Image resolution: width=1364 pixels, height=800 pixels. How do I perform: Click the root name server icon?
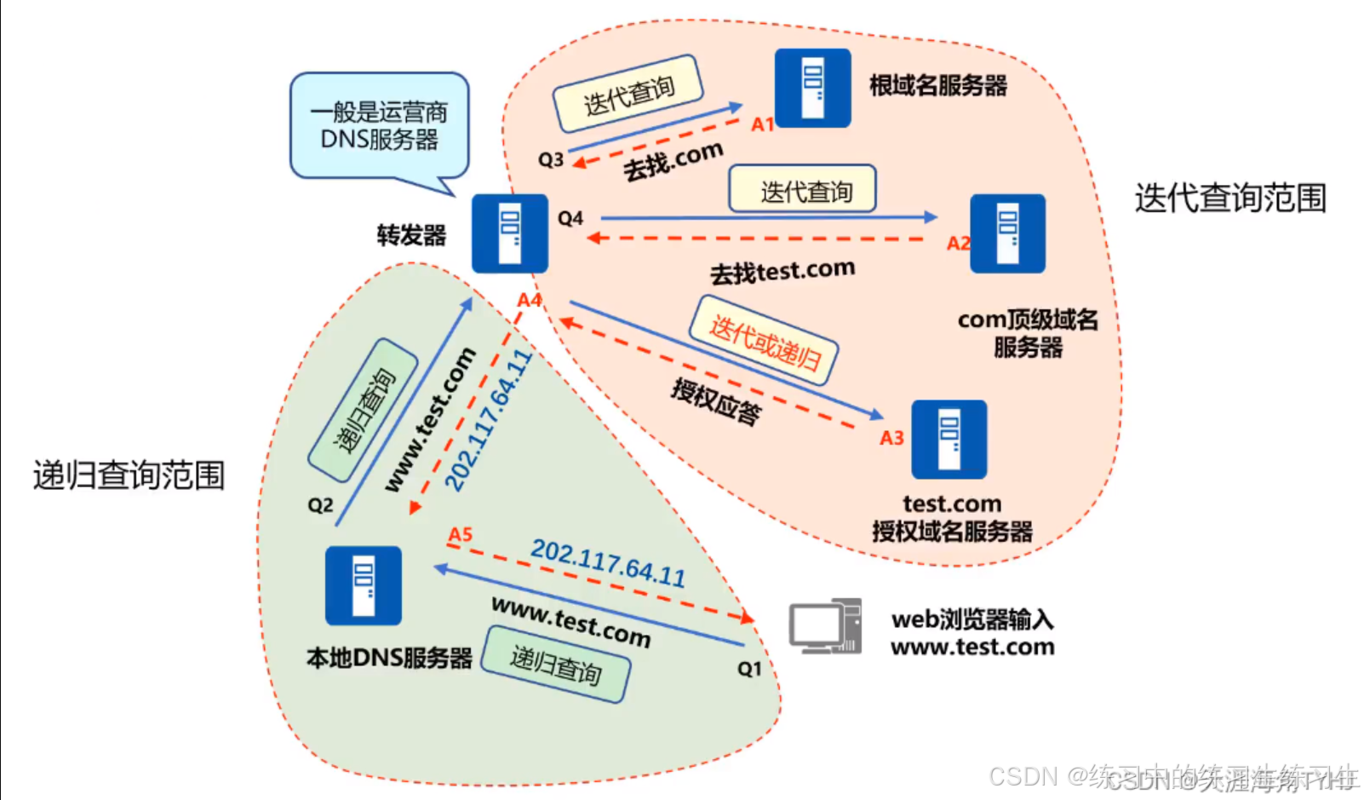click(x=812, y=88)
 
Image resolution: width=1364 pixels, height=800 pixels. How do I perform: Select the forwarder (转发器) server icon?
click(x=510, y=233)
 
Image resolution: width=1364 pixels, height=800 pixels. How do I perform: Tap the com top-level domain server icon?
click(x=1008, y=233)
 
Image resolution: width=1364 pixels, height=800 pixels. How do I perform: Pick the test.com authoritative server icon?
click(x=948, y=440)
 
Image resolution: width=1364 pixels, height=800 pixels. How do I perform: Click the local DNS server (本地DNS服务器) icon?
click(x=364, y=585)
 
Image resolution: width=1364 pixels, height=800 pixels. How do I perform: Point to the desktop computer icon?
click(x=824, y=626)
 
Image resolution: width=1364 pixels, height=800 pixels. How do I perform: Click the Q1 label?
click(x=749, y=669)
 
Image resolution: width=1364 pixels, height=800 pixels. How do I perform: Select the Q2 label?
click(x=320, y=505)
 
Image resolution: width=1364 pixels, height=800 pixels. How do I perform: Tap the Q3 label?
click(x=551, y=159)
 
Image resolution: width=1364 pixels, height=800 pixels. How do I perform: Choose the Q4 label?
click(x=570, y=219)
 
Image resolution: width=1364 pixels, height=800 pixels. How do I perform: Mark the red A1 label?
click(x=762, y=124)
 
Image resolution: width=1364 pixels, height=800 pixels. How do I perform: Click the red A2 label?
click(x=959, y=244)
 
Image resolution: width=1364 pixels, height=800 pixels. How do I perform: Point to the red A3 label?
click(x=891, y=438)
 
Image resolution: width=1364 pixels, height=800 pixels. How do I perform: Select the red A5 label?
click(x=460, y=534)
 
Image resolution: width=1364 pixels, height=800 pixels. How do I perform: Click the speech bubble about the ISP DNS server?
click(x=380, y=126)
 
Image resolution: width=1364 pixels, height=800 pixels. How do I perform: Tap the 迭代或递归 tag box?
click(x=764, y=340)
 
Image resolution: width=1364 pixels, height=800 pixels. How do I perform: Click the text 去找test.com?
click(x=782, y=272)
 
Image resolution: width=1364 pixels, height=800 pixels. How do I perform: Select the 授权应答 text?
click(x=716, y=401)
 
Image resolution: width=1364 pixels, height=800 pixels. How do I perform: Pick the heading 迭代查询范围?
click(x=1230, y=198)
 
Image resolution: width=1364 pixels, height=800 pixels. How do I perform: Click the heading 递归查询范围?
click(x=129, y=475)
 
